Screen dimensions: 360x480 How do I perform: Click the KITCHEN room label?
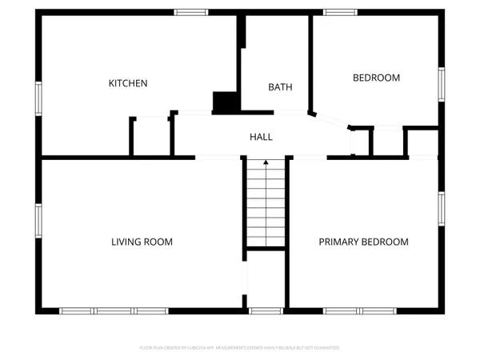point(128,83)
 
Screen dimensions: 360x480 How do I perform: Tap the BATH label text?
point(280,87)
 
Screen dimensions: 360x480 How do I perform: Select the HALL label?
point(261,137)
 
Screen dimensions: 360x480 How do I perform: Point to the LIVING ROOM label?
point(142,242)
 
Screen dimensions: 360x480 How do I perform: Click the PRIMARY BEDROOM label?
point(363,242)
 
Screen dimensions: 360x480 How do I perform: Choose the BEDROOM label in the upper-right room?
point(376,78)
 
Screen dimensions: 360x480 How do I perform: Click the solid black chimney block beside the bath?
point(225,102)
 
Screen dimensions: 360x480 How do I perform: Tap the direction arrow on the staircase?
point(266,164)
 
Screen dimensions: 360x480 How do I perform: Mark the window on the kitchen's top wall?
point(190,12)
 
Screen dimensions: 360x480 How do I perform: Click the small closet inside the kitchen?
point(151,137)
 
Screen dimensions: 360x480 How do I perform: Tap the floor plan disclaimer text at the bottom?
point(240,348)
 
